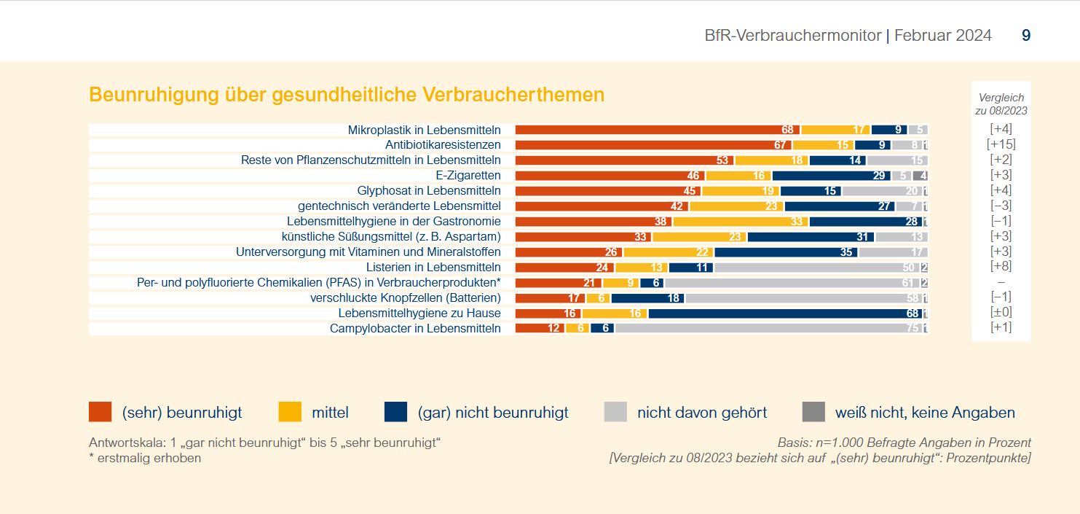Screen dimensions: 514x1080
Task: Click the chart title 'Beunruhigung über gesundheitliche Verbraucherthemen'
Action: (347, 95)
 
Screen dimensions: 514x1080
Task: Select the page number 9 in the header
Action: (1026, 35)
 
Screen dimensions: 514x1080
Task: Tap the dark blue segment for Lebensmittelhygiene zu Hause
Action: (785, 314)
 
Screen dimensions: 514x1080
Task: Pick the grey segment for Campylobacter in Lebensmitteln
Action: (768, 329)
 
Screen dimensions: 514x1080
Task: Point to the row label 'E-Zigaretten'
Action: (468, 176)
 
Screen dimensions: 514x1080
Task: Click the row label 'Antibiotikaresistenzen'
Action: (443, 145)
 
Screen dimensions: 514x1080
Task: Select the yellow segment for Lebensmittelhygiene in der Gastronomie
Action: (741, 222)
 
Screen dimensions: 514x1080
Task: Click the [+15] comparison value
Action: (1001, 144)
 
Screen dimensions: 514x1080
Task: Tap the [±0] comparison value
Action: (1001, 313)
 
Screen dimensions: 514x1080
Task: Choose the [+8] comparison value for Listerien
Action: (1001, 267)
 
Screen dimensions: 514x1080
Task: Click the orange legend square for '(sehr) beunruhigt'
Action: (100, 412)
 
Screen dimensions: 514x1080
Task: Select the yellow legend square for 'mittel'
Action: (290, 412)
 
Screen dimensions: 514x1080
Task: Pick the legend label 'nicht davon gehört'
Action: (702, 413)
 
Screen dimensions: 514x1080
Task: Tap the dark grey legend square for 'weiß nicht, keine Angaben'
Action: (813, 412)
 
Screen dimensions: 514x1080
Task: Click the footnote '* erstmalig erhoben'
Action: (145, 459)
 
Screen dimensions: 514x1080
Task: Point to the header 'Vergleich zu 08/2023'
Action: (1001, 104)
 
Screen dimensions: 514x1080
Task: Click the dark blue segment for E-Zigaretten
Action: (831, 176)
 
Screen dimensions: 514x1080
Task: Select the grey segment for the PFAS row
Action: (792, 283)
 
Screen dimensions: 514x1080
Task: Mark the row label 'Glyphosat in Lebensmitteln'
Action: (429, 191)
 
